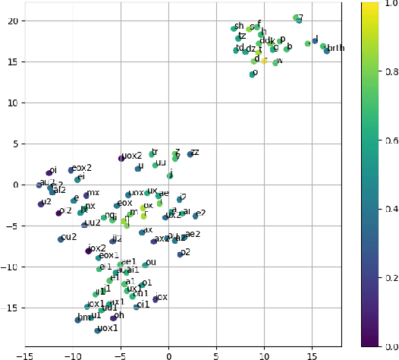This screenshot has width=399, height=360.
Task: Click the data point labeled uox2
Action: tap(121, 158)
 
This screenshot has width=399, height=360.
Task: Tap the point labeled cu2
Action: tap(61, 239)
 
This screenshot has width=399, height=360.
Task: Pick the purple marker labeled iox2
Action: tap(88, 251)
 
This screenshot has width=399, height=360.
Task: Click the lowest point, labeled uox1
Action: tap(97, 330)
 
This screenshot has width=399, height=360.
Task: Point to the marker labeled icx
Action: tap(156, 299)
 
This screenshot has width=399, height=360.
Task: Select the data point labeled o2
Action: tap(180, 254)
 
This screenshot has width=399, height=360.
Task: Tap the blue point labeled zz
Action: tap(190, 155)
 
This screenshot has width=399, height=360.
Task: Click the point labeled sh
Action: tap(234, 29)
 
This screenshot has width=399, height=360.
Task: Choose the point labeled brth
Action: tap(327, 51)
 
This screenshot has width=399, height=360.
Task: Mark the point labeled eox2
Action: tap(71, 170)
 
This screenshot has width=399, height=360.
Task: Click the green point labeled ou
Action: tap(145, 265)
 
